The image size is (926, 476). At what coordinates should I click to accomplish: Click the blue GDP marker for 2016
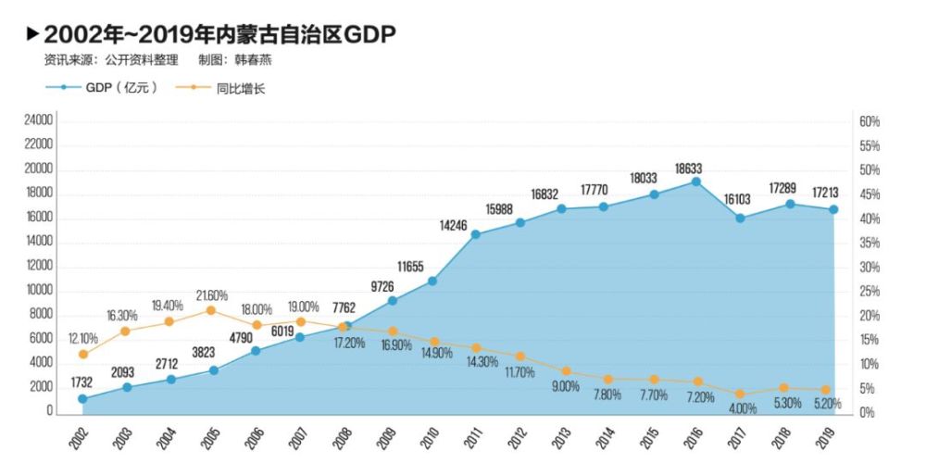point(695,182)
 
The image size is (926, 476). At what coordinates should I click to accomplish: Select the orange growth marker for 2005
point(211,310)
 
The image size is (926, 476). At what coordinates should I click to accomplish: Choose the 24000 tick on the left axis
point(39,121)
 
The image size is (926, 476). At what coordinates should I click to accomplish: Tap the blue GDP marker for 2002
point(82,398)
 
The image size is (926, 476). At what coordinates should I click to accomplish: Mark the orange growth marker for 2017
point(740,394)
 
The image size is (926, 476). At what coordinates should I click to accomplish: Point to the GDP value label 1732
point(82,382)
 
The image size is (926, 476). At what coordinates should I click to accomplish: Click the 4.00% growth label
point(740,408)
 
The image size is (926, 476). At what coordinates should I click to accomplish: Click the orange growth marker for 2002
point(82,354)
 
